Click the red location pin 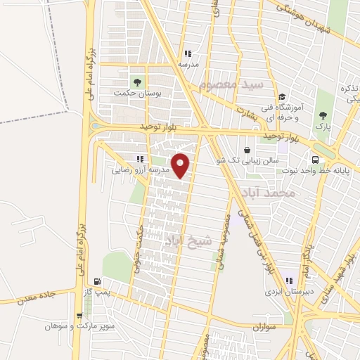click(x=181, y=165)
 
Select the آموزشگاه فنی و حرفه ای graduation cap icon click(x=281, y=97)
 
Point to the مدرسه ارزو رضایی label click(x=140, y=170)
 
